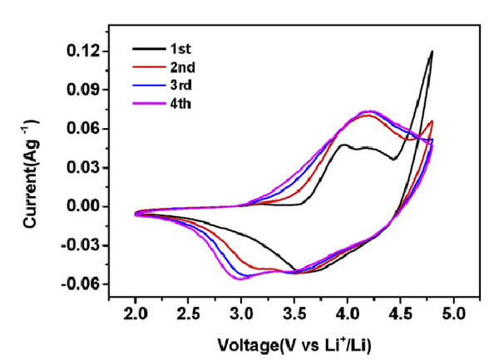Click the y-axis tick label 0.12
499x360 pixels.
83,52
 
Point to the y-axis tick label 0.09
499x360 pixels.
83,90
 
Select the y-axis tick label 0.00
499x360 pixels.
83,206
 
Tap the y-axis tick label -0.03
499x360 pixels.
81,245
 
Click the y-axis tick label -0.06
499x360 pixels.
81,284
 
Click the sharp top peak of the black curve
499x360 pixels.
432,52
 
